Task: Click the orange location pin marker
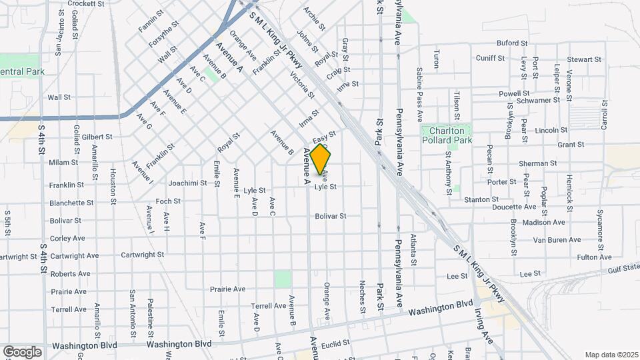tap(321, 159)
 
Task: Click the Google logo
tap(22, 351)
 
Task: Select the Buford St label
tap(512, 43)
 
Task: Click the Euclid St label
tap(335, 344)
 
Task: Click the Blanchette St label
tap(71, 203)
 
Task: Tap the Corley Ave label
tap(67, 238)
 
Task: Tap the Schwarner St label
tap(539, 100)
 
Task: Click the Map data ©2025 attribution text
tap(611, 355)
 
